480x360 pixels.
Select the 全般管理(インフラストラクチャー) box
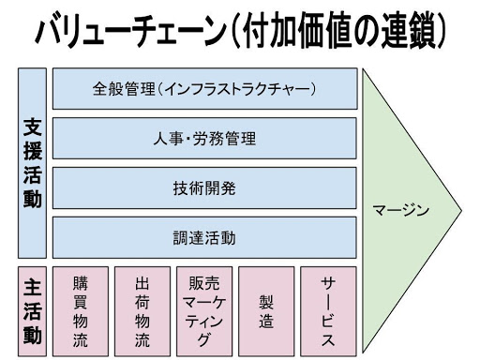204,90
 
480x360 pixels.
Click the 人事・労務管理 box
204,139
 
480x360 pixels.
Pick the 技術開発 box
204,187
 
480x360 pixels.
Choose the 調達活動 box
204,237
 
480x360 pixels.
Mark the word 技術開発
204,187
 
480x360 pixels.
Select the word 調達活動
204,237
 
